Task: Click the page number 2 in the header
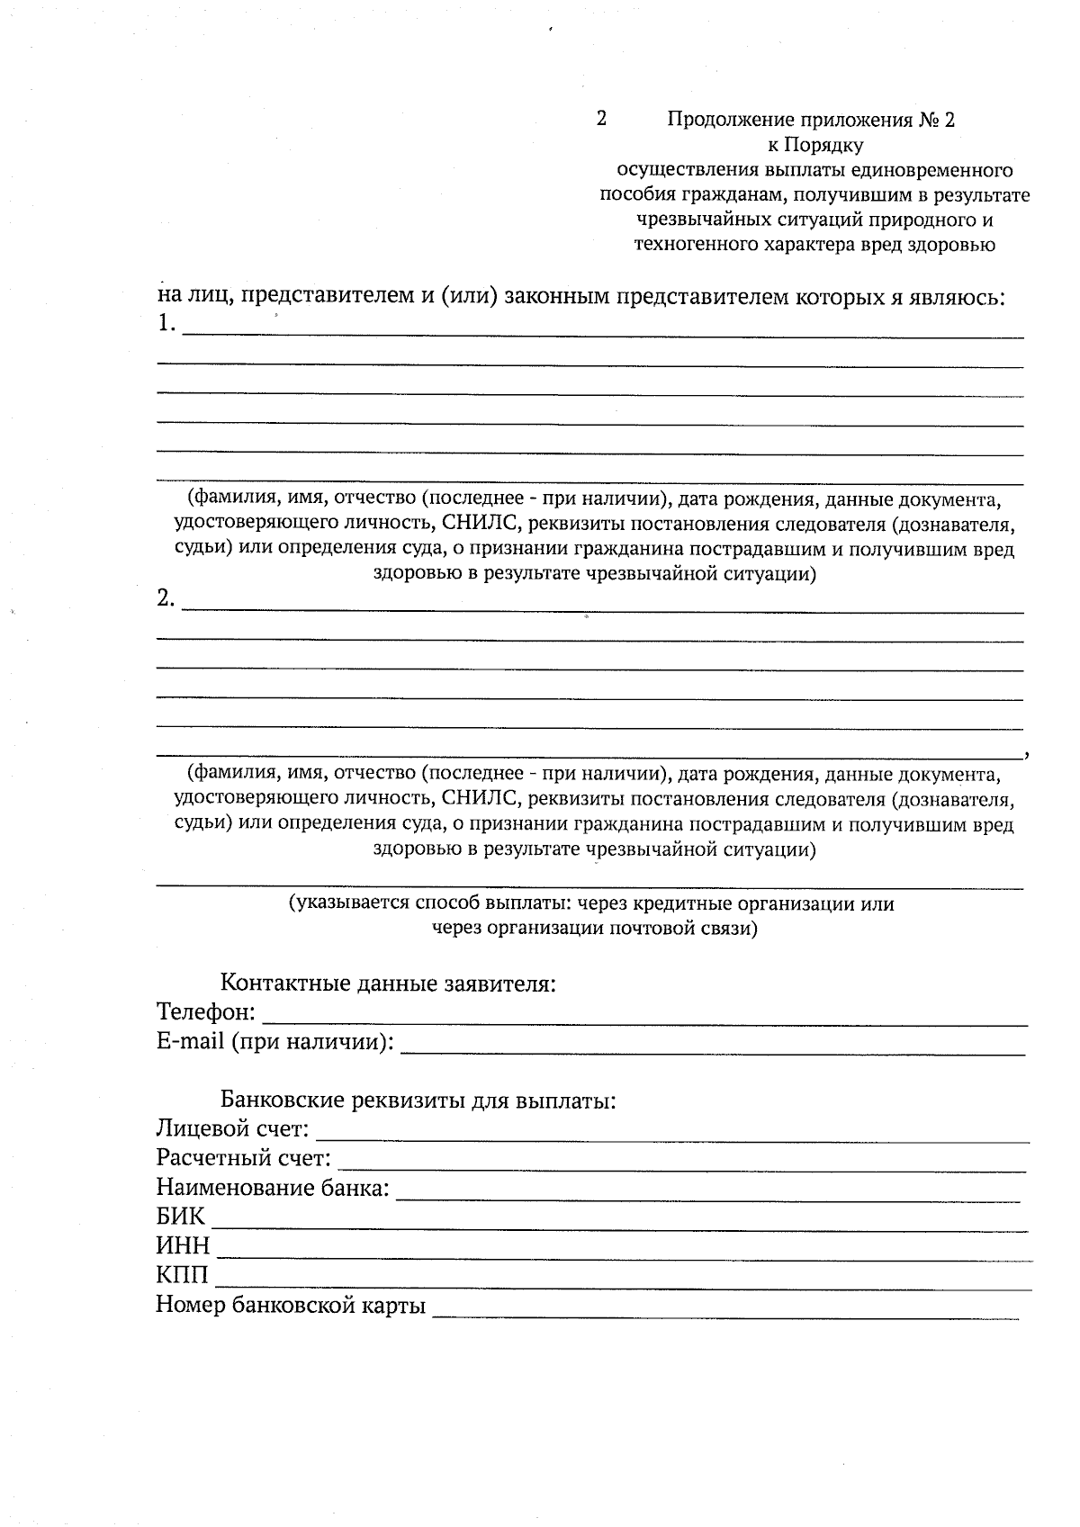[x=601, y=119]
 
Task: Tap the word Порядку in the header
[x=824, y=145]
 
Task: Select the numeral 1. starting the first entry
[x=166, y=324]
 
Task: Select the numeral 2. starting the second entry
[x=166, y=598]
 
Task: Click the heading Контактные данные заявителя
[x=389, y=983]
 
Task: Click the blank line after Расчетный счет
[x=681, y=1169]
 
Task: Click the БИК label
[x=180, y=1217]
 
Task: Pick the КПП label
[x=181, y=1276]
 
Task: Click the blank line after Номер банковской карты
[x=725, y=1316]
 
